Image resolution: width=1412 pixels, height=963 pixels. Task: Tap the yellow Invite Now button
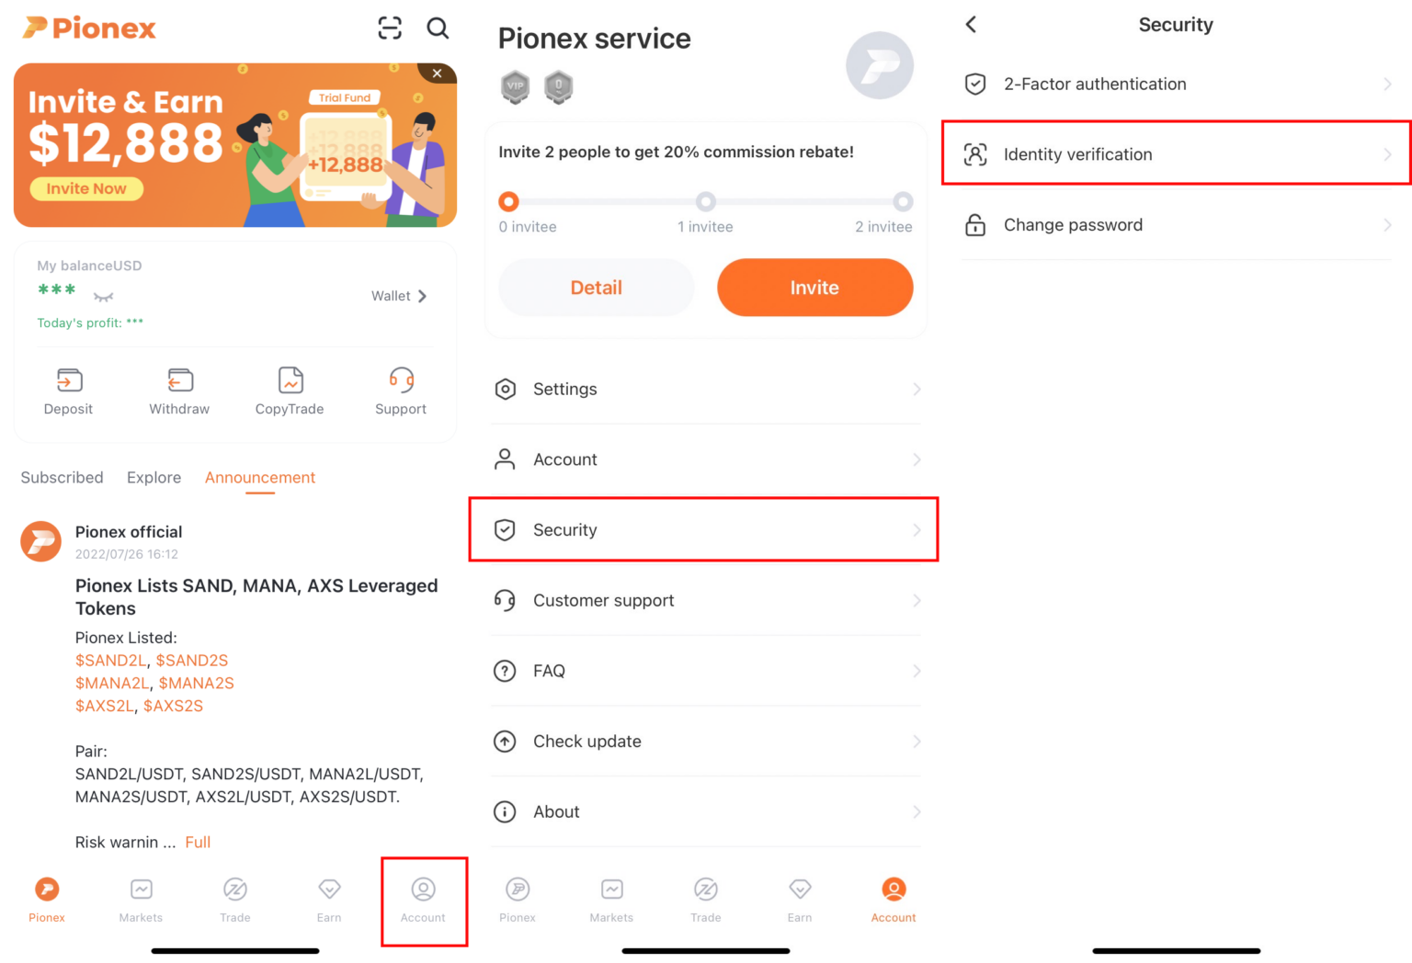point(86,188)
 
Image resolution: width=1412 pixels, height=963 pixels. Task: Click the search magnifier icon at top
point(438,28)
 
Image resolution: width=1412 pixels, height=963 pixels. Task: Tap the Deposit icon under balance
point(69,380)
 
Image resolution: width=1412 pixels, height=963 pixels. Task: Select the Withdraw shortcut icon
point(180,380)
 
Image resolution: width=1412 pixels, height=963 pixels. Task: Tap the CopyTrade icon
point(290,380)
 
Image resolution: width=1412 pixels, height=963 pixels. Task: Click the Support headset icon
point(401,380)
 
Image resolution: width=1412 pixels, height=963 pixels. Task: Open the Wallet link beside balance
point(399,296)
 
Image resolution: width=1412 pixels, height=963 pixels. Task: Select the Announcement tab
point(260,478)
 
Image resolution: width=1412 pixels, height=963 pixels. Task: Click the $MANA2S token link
point(197,683)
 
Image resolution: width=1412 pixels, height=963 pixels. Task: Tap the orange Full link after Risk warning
point(198,842)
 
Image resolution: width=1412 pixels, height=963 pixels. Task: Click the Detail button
point(596,288)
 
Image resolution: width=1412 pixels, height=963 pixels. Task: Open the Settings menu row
point(705,390)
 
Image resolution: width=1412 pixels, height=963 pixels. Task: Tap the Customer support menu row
point(705,601)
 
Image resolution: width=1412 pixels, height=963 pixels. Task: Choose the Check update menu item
point(705,742)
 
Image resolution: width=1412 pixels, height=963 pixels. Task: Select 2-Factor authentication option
point(1176,85)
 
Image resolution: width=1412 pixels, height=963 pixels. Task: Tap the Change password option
point(1176,225)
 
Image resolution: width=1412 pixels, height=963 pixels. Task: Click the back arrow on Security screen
point(972,25)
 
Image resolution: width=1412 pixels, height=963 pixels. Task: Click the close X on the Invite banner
point(438,74)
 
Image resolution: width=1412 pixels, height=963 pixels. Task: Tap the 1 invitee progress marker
point(705,201)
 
